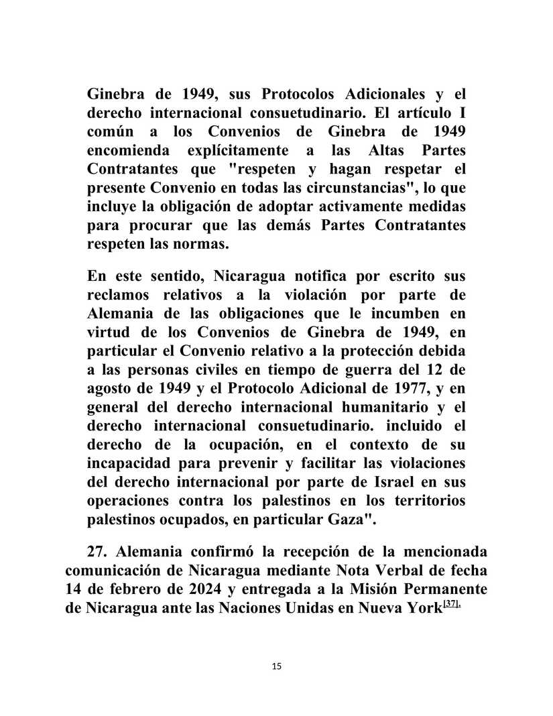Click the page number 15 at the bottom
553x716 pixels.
pyautogui.click(x=278, y=666)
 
